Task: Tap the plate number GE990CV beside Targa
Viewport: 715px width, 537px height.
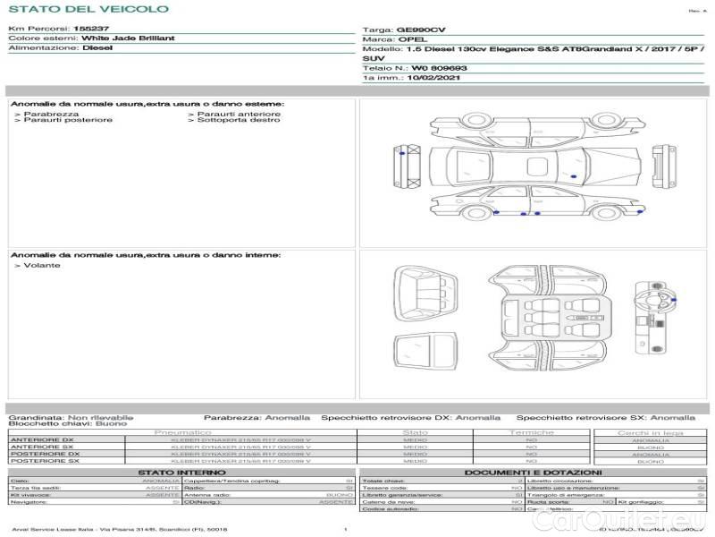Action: pyautogui.click(x=420, y=30)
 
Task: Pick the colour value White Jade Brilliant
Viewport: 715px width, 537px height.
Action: pyautogui.click(x=128, y=38)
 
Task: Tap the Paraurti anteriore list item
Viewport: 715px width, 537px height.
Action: pyautogui.click(x=239, y=114)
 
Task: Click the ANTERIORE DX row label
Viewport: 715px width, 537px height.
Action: pyautogui.click(x=42, y=439)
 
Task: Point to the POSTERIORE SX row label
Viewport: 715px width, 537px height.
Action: pyautogui.click(x=44, y=461)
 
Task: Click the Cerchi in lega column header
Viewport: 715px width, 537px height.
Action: pyautogui.click(x=650, y=432)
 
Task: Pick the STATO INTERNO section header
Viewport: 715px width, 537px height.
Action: pyautogui.click(x=181, y=472)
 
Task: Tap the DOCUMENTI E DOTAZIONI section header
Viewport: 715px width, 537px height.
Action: pyautogui.click(x=533, y=472)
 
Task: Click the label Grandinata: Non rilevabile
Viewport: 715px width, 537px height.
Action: pyautogui.click(x=71, y=417)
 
